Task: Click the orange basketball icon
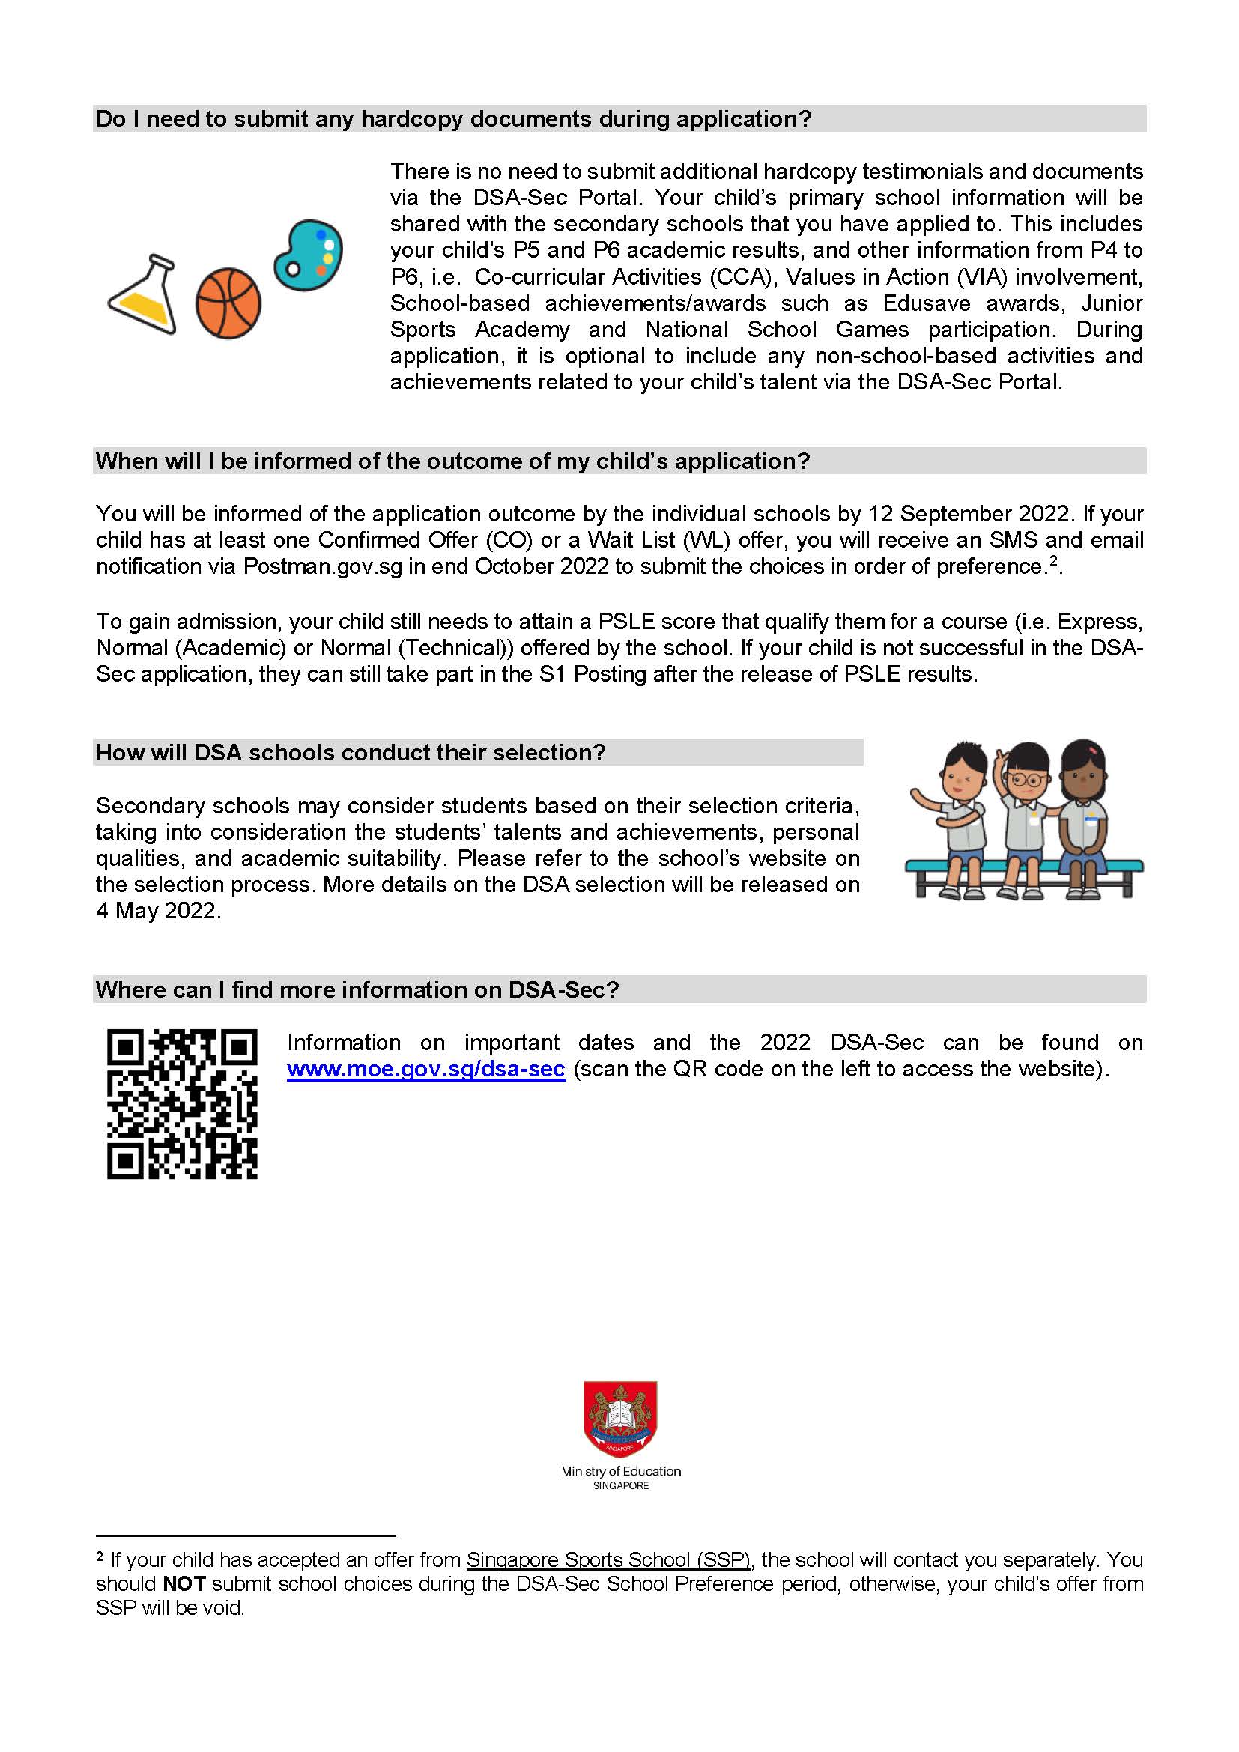228,303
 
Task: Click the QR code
181,1104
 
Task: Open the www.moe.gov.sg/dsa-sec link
425,1069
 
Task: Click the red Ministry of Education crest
619,1419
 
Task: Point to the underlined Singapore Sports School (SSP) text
608,1559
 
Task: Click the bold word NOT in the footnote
184,1584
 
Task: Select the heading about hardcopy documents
453,119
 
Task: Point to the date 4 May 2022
158,911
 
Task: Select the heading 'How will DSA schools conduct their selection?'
350,752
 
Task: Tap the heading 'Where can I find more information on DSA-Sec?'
357,989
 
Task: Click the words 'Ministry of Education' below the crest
620,1471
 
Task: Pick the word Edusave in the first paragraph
926,303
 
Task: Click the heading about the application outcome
452,461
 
